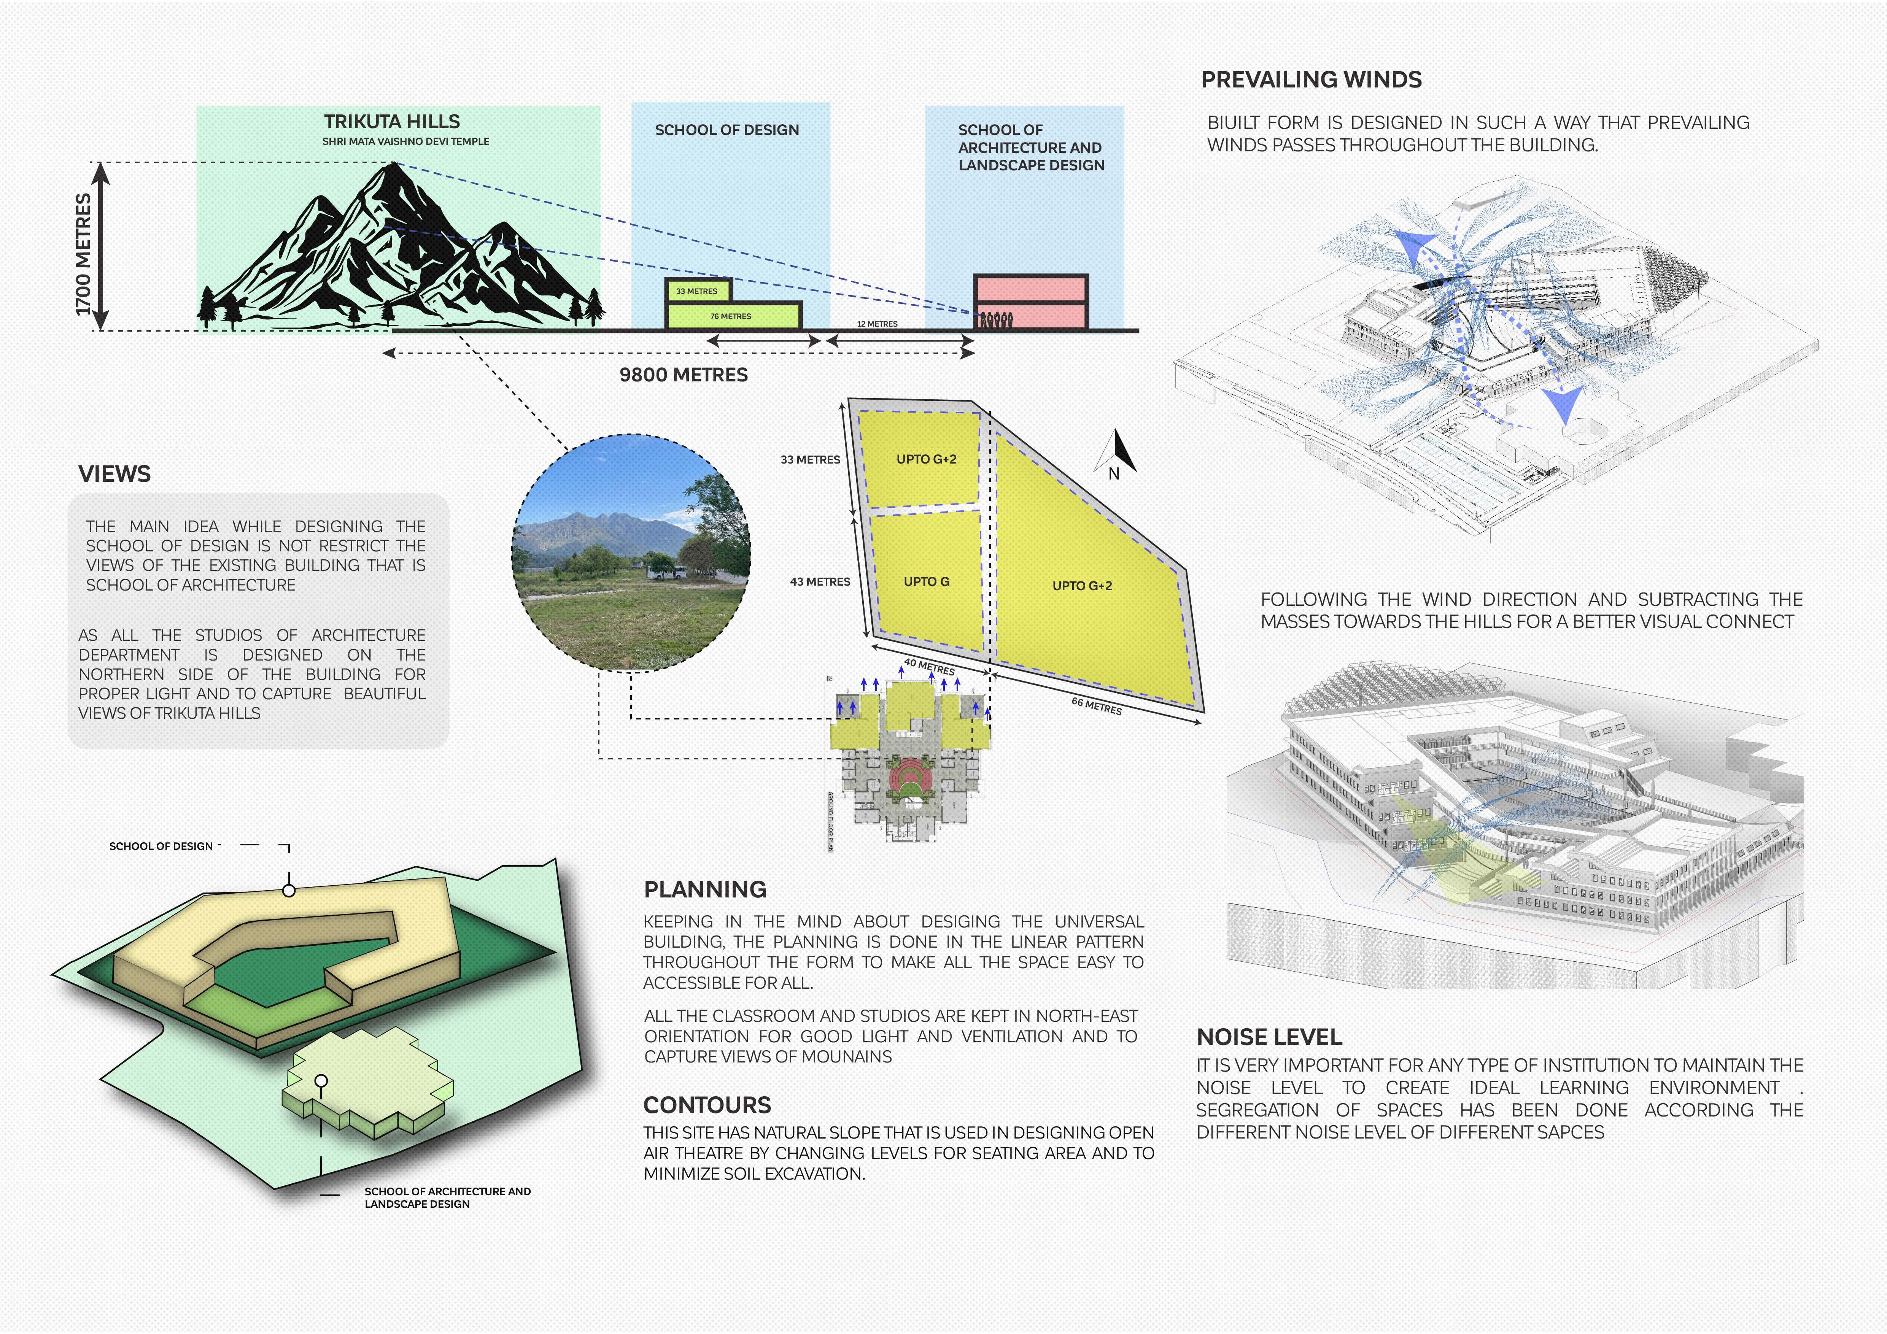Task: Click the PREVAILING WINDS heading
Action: [1311, 80]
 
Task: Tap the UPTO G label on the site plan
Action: [926, 581]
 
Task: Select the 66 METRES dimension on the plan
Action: [1096, 705]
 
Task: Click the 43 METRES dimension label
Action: [819, 581]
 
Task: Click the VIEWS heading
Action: [114, 474]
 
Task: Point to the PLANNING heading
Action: [704, 889]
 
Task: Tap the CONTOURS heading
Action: [707, 1105]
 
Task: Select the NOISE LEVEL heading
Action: [1269, 1037]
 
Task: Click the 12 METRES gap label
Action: [877, 324]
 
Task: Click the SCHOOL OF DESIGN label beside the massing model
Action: [161, 846]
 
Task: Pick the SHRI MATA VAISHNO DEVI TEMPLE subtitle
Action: [405, 141]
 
